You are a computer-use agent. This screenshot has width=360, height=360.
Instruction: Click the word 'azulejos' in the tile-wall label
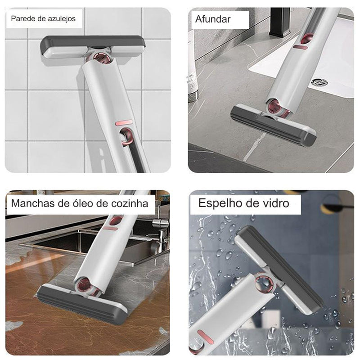62,18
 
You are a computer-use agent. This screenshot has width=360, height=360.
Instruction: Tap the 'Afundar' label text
213,19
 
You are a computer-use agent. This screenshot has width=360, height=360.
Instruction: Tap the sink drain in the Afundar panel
319,82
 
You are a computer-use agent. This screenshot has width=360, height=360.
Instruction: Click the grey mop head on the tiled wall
93,47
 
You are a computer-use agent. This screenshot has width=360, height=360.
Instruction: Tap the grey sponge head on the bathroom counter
273,125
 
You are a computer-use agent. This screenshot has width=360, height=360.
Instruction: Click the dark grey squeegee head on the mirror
279,267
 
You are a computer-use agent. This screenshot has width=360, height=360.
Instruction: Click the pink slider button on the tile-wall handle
124,123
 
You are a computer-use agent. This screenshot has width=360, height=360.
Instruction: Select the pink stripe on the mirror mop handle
206,337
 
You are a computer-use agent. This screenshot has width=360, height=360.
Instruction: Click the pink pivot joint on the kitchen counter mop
85,285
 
